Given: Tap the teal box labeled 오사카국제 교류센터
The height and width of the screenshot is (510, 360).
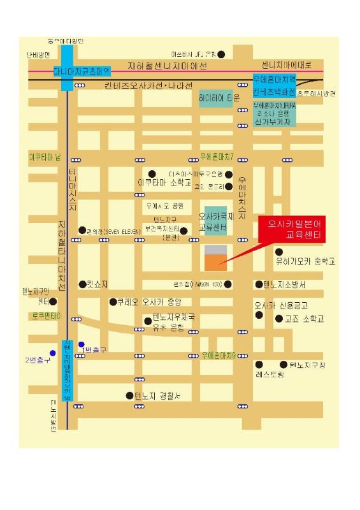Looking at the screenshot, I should click(x=216, y=221).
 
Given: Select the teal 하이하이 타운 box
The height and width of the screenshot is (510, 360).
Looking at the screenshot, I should click(x=219, y=98).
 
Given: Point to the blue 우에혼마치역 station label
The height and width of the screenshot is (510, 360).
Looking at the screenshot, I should click(x=275, y=80).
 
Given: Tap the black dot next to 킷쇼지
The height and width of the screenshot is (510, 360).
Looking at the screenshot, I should click(x=82, y=284).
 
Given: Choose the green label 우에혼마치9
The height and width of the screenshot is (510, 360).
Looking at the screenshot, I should click(x=219, y=354).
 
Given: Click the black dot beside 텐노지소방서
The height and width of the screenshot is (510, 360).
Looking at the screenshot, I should click(x=259, y=284).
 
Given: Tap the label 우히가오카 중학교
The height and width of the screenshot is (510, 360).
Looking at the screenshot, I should click(x=305, y=261).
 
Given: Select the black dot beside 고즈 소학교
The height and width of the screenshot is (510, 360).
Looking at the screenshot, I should click(x=278, y=318).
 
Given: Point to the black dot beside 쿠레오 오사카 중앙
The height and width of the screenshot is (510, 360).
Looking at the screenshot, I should click(x=113, y=302).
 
